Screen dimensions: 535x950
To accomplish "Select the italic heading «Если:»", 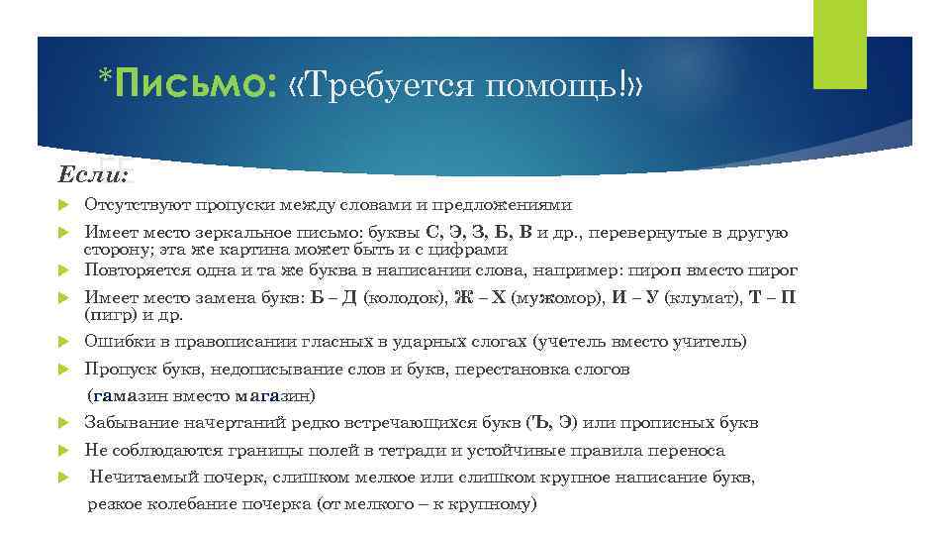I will click(x=93, y=175).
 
